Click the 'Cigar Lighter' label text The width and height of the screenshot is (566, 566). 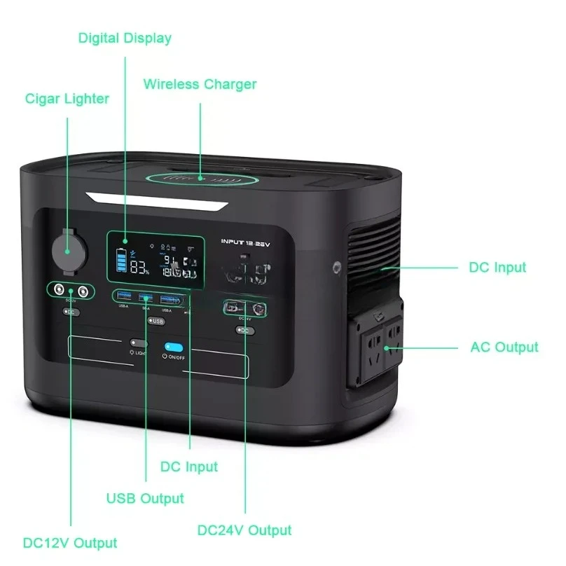point(67,99)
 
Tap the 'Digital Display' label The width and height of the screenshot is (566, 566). point(125,38)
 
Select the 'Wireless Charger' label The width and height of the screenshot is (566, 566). point(200,85)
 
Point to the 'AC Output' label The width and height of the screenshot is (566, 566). point(504,347)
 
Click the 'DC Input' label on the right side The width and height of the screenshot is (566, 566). point(497,267)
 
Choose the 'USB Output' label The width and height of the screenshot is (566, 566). point(145,498)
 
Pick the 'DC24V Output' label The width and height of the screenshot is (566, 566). point(245,530)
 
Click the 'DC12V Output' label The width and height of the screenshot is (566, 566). point(69,542)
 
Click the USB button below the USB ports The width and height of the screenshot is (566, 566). point(156,322)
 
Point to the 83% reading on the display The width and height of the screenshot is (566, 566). point(139,268)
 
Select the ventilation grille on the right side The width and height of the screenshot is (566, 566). point(375,245)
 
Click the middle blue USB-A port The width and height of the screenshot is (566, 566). point(146,299)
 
